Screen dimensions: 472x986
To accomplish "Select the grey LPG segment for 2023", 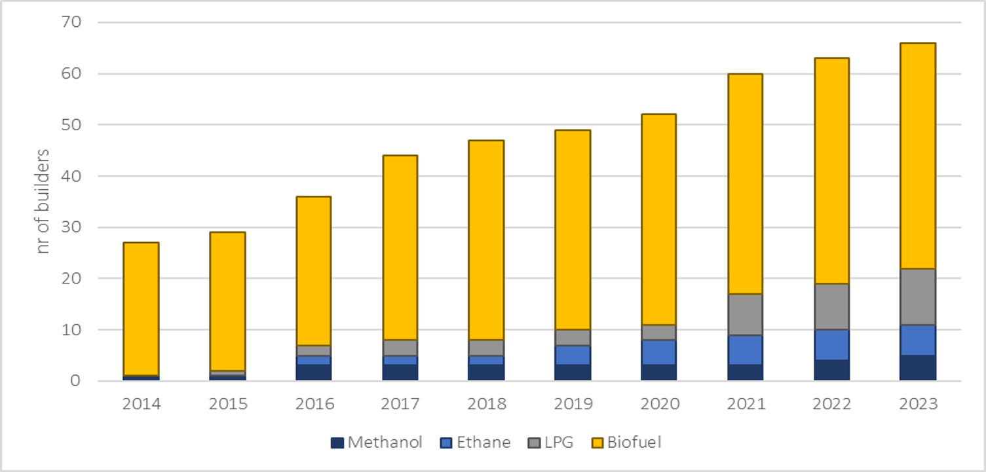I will click(918, 297).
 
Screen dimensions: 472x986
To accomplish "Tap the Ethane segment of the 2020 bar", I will click(658, 352).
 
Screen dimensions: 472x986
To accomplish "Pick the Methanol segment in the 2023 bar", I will click(918, 367).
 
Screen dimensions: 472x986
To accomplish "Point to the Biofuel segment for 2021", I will click(745, 183).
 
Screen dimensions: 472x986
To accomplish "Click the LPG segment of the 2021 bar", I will click(745, 314).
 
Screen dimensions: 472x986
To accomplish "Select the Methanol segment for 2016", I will click(313, 372).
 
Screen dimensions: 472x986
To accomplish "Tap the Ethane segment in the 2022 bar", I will click(831, 344).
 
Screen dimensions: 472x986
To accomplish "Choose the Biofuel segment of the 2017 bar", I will click(400, 247).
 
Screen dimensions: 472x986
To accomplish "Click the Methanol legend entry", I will click(377, 442).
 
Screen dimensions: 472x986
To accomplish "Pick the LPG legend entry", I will click(550, 442).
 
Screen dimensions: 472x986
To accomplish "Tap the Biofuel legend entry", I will click(625, 442).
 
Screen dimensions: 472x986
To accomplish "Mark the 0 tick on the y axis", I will click(75, 380).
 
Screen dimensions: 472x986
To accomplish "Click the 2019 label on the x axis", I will click(572, 403).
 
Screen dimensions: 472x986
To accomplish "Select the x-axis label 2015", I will click(227, 403).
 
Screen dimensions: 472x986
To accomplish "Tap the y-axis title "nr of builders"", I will click(43, 201).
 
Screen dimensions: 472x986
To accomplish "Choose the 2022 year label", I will click(831, 403).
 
